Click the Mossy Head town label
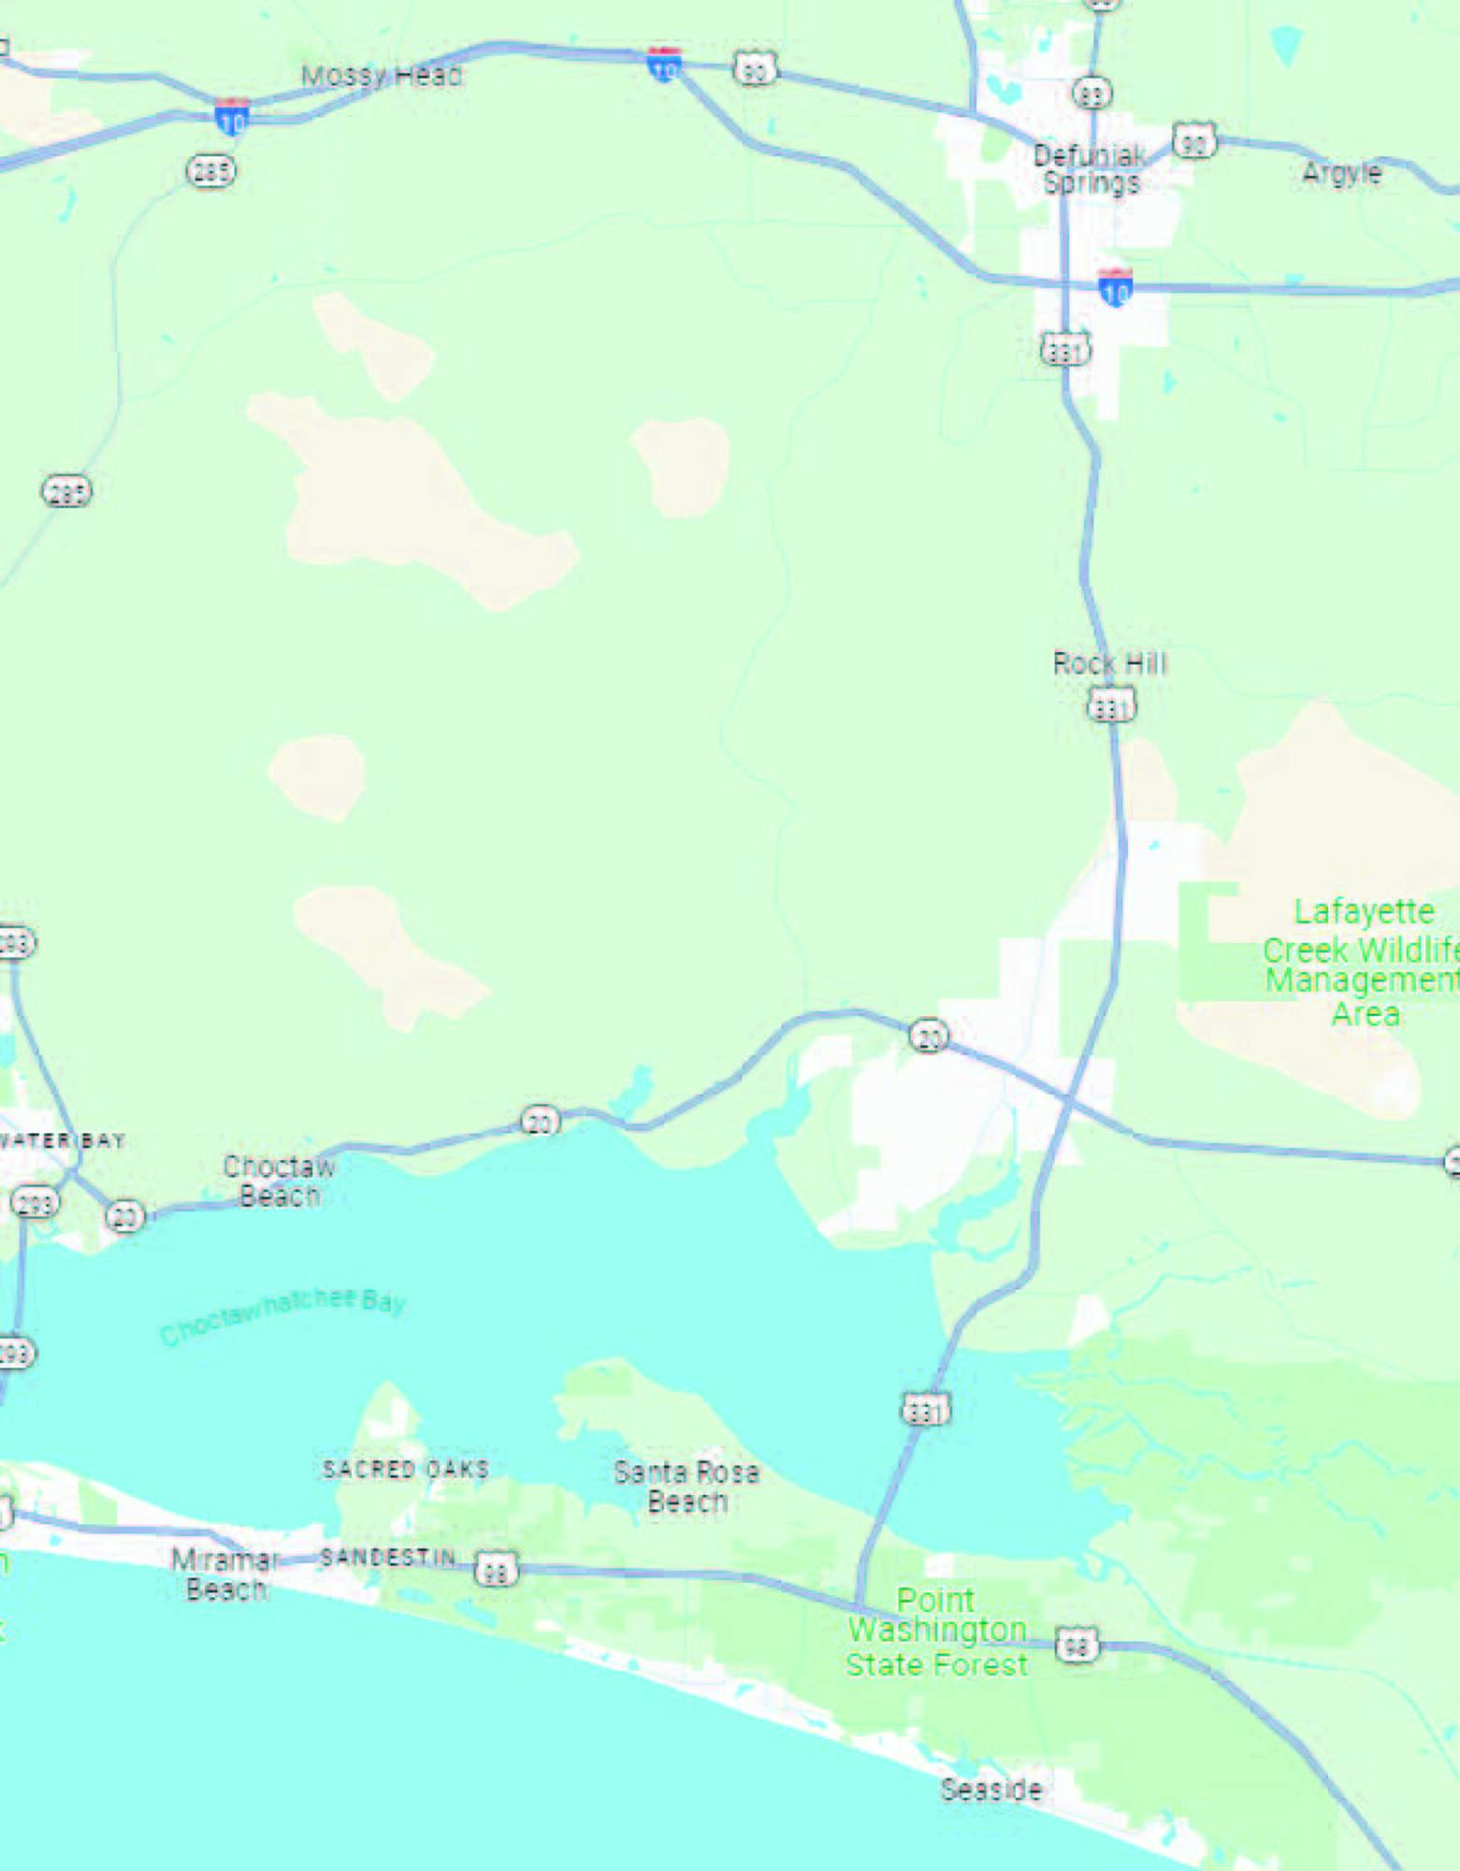tap(381, 76)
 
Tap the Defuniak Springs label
tap(1091, 169)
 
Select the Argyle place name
tap(1341, 173)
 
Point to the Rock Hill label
tap(1109, 664)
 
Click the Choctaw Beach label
tap(279, 1181)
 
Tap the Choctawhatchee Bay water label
tap(282, 1313)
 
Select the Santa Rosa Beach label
tap(687, 1487)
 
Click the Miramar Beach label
tap(225, 1574)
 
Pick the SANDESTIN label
tap(387, 1557)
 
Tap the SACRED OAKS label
tap(405, 1469)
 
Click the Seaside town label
tap(990, 1790)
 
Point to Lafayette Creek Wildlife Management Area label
tap(1363, 963)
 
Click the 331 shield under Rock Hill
tap(1111, 704)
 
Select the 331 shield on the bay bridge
tap(925, 1410)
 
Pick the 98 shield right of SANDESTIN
tap(496, 1569)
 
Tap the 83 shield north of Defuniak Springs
tap(1091, 93)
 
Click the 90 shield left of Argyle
tap(1193, 141)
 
